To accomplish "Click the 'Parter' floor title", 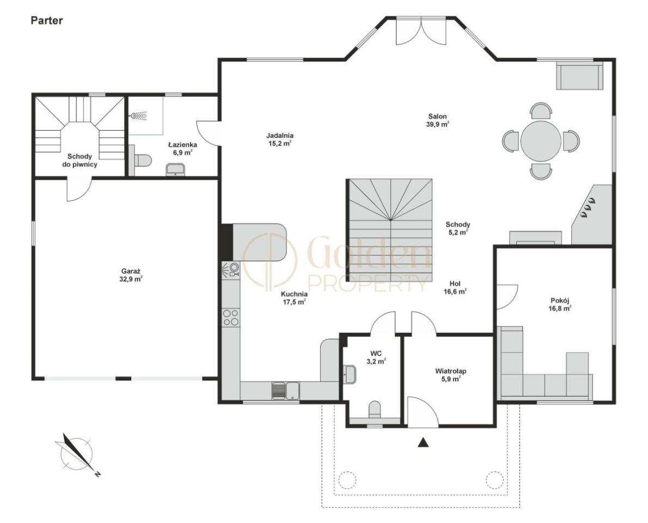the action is [47, 21].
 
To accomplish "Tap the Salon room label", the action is [437, 117].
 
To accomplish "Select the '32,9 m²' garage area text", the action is [131, 279].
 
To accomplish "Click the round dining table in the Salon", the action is [541, 141].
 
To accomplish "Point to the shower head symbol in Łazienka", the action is [139, 115].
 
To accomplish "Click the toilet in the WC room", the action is [375, 409].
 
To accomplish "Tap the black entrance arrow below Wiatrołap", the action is [423, 442].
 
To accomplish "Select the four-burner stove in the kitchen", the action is [230, 318].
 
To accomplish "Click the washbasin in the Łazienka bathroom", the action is [176, 169].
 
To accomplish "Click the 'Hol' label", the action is [455, 284].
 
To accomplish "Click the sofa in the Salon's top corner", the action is [579, 76].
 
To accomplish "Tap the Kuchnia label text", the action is [294, 294].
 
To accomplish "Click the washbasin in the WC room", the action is [350, 374].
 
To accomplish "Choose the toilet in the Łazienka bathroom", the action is [141, 160].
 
